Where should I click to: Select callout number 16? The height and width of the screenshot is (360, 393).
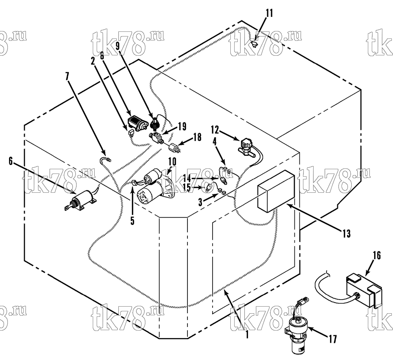(376, 256)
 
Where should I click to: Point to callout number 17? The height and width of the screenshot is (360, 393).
(332, 340)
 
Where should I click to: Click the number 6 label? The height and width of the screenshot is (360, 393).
(11, 161)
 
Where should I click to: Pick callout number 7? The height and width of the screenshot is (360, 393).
(67, 77)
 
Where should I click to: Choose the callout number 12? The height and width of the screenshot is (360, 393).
(215, 130)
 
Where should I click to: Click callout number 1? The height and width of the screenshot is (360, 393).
(247, 334)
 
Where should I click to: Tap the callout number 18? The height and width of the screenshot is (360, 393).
(197, 137)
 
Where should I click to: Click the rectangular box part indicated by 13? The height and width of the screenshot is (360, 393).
(276, 191)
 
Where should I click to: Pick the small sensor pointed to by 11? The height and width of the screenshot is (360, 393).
(254, 44)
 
